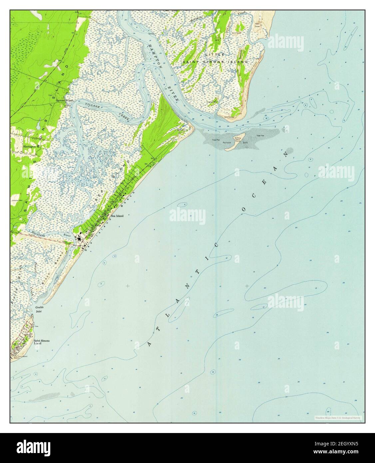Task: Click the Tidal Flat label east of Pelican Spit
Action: [261, 135]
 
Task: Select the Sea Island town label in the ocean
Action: [117, 216]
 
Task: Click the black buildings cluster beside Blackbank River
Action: [80, 237]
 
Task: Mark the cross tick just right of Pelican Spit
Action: [246, 147]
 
